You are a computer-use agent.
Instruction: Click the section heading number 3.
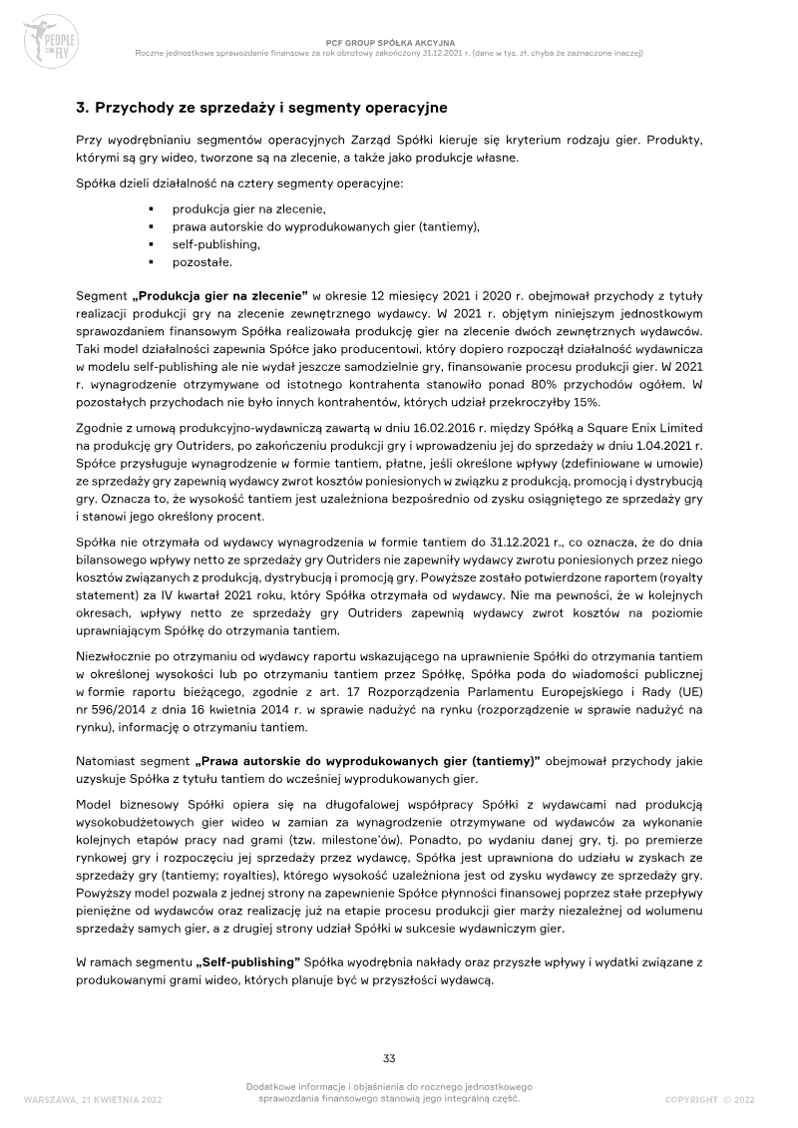(x=81, y=107)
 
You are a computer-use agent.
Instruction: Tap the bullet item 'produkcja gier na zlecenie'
(x=248, y=209)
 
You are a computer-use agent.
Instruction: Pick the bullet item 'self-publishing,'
(x=215, y=244)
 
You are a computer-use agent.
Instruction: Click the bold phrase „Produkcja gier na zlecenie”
(x=220, y=295)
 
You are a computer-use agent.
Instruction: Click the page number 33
(x=391, y=1058)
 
